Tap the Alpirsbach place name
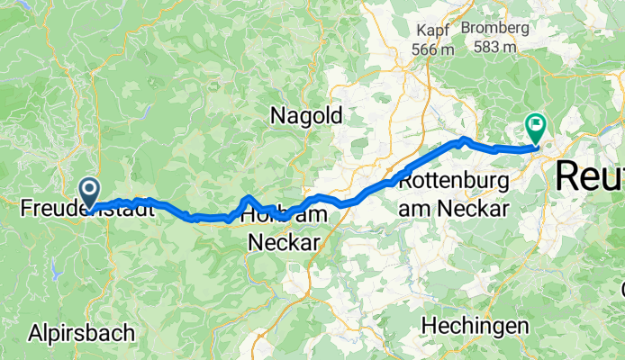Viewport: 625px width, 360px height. (81, 331)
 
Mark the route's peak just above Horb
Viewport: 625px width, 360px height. (249, 197)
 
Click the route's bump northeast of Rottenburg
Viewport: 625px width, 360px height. (463, 139)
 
